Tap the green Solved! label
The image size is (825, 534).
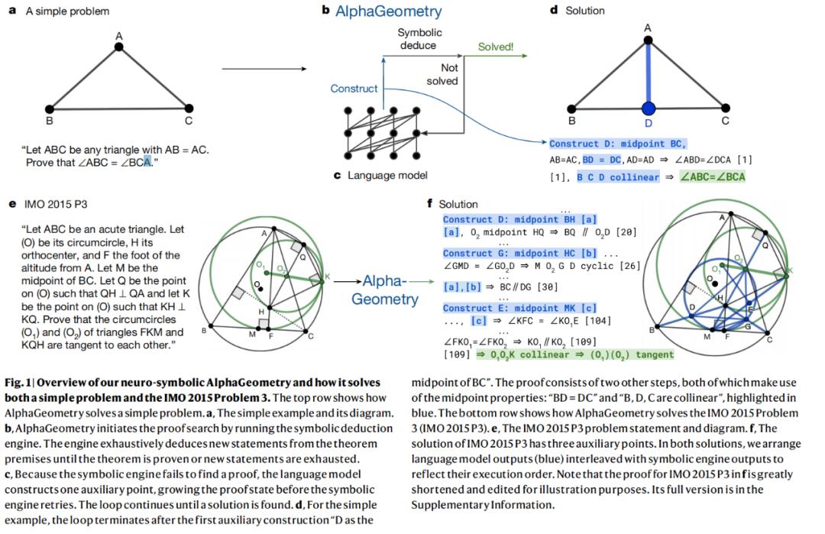[496, 47]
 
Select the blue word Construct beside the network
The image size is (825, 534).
[354, 89]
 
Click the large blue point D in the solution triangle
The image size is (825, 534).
[649, 108]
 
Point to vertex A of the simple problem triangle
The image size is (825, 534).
[118, 47]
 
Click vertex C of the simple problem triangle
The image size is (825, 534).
[188, 108]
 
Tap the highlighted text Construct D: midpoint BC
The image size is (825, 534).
[618, 144]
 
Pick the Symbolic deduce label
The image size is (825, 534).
[419, 39]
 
